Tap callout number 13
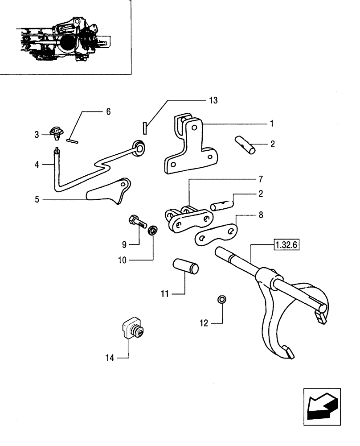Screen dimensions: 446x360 [x=213, y=100]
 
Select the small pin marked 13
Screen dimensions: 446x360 [x=145, y=127]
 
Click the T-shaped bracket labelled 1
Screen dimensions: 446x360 [x=191, y=145]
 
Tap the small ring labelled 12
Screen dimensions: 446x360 [x=221, y=299]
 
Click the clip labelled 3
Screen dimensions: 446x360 [x=57, y=132]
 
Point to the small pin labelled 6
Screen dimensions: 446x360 [x=73, y=141]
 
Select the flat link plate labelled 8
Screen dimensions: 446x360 [x=216, y=233]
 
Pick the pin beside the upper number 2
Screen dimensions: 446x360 [x=246, y=146]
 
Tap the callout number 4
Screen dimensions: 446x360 [x=38, y=165]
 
